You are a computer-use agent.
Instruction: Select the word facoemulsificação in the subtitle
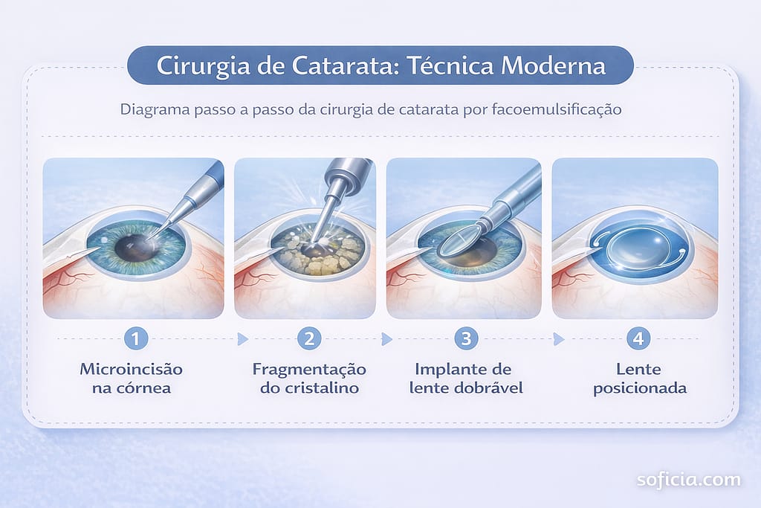point(557,109)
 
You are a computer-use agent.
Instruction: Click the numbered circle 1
point(136,338)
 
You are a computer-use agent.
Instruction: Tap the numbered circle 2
point(310,338)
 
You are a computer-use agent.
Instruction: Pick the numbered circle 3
point(466,338)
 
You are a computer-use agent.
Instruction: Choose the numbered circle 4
point(638,338)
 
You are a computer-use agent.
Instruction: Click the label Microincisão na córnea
point(132,379)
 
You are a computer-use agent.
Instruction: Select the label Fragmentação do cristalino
point(309,379)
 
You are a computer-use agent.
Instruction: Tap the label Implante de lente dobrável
point(466,379)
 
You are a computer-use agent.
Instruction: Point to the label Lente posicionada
point(640,379)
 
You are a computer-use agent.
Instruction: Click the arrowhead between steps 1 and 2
point(243,339)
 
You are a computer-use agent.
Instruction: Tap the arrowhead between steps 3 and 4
point(559,339)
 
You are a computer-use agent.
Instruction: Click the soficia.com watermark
point(689,480)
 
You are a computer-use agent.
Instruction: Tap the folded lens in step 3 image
point(457,242)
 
